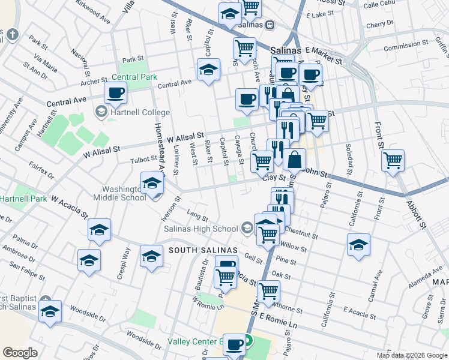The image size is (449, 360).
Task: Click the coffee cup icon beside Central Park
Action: [x=115, y=93]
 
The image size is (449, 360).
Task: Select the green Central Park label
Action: [x=134, y=77]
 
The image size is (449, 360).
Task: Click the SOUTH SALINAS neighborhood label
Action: [x=203, y=250]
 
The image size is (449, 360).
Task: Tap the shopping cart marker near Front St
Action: [x=393, y=160]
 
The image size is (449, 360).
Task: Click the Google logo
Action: [x=20, y=352]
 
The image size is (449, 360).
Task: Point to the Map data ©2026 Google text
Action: [x=412, y=355]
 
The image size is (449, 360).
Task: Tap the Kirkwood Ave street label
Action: [x=93, y=11]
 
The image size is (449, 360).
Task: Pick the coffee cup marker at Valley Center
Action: [x=234, y=344]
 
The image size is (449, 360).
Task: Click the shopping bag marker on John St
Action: [x=295, y=160]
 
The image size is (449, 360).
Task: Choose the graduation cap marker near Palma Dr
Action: [x=99, y=230]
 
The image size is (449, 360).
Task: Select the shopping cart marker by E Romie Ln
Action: [x=268, y=292]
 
